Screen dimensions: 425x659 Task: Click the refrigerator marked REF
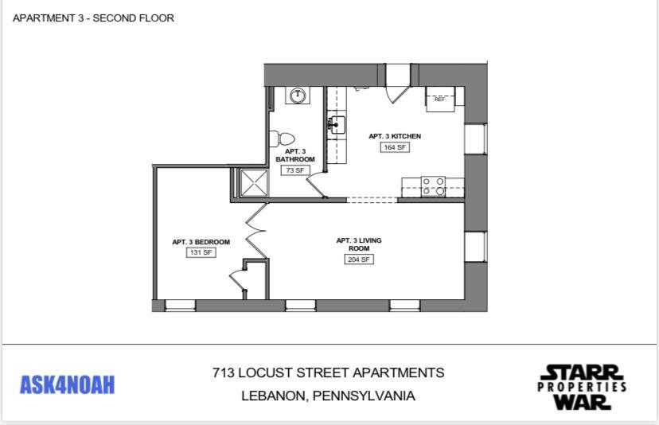click(x=440, y=99)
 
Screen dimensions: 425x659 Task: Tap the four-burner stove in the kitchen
click(x=434, y=186)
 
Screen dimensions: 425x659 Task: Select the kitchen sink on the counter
click(x=337, y=125)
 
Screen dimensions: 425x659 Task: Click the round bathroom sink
click(x=298, y=96)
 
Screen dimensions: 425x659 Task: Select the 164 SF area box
click(x=395, y=147)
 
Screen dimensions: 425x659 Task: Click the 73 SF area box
click(x=294, y=170)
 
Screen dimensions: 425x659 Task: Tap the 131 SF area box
click(x=201, y=252)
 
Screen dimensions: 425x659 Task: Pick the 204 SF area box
click(x=359, y=259)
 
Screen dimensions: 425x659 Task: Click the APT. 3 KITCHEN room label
click(x=395, y=136)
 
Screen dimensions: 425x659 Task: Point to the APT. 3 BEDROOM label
click(x=201, y=242)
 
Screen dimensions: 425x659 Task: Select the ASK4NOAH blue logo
click(x=67, y=385)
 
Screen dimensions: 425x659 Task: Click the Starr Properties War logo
click(x=581, y=387)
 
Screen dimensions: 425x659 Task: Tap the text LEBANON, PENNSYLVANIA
click(x=328, y=396)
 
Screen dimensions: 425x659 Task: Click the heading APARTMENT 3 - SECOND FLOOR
click(x=93, y=18)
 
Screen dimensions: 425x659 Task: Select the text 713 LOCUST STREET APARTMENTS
click(x=328, y=372)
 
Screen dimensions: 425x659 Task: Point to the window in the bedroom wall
click(x=180, y=305)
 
